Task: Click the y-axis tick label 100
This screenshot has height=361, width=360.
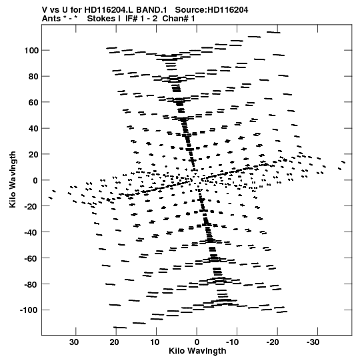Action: [x=31, y=51]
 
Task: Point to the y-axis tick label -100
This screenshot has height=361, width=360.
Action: [x=29, y=310]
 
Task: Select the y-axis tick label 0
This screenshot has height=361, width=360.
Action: [x=35, y=180]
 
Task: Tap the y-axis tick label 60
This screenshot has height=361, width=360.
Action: [x=33, y=102]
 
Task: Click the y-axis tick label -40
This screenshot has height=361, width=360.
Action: [x=31, y=232]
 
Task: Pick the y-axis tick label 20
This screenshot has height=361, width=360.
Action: [x=33, y=154]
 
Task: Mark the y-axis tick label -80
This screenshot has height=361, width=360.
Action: [x=31, y=284]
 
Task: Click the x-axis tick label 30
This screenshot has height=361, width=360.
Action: [x=74, y=342]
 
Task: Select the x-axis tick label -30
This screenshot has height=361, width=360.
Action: [x=313, y=342]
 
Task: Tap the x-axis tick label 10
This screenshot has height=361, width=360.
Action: [x=155, y=342]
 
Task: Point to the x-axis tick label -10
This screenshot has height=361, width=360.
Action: [x=232, y=342]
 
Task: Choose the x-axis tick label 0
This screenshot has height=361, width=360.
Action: [x=197, y=342]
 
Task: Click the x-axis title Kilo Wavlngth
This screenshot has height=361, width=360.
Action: [x=197, y=351]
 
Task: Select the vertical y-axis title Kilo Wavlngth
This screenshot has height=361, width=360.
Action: [x=13, y=179]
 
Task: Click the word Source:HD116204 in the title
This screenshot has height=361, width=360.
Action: [x=211, y=10]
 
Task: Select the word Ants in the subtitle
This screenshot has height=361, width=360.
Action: [x=52, y=19]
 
